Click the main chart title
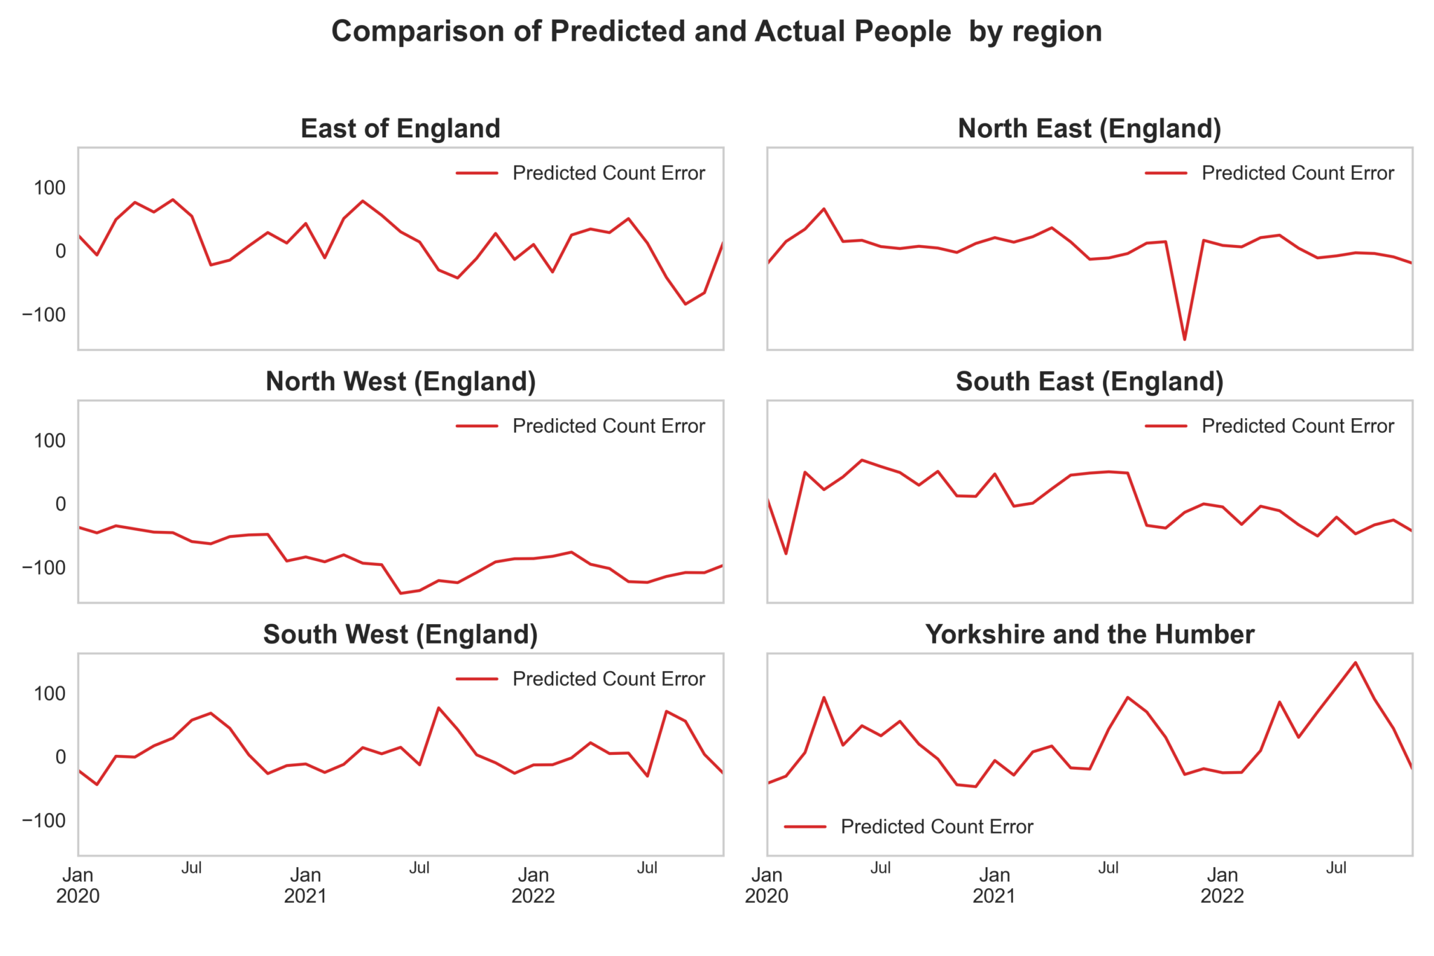click(x=716, y=32)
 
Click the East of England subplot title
click(x=401, y=129)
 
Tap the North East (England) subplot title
click(x=1090, y=129)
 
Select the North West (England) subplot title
click(x=401, y=382)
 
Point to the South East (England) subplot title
click(x=1090, y=382)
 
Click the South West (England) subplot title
click(x=401, y=635)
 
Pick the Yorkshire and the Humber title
click(x=1090, y=635)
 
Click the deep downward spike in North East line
click(x=1185, y=340)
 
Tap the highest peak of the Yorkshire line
click(x=1356, y=663)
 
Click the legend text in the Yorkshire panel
click(x=937, y=827)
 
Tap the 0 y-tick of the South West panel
click(x=60, y=757)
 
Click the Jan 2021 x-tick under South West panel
click(x=305, y=885)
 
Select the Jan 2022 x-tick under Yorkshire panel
click(x=1223, y=885)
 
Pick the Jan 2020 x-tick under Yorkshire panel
click(x=767, y=885)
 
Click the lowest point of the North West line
click(x=401, y=593)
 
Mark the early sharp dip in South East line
click(x=786, y=554)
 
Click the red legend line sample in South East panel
click(x=1167, y=426)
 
